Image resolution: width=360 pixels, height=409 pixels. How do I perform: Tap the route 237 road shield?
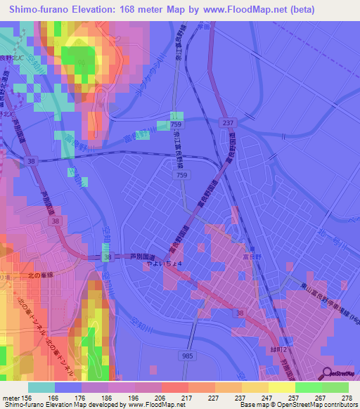[x=226, y=123]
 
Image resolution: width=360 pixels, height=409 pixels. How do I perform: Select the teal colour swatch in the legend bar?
[x=41, y=387]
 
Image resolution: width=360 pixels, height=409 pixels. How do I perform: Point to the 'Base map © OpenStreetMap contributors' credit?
[x=296, y=405]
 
